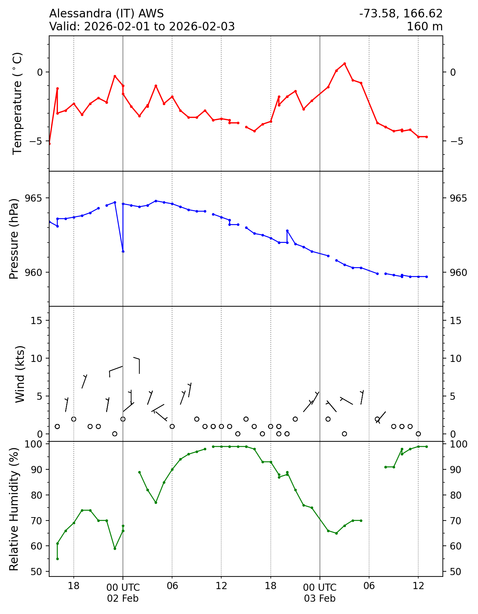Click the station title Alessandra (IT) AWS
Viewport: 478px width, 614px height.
coord(107,14)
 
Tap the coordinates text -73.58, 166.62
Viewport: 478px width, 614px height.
coord(401,14)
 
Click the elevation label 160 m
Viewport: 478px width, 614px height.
coord(424,26)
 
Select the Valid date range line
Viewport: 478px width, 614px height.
coord(142,26)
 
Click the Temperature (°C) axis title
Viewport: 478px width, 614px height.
coord(17,103)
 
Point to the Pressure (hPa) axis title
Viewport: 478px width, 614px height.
coord(14,239)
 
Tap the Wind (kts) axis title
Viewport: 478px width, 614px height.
coord(20,374)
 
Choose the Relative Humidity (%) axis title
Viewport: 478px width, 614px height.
coord(14,509)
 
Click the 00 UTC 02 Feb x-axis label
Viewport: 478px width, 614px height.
coord(123,593)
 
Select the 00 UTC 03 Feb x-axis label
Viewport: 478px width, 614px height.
coord(320,593)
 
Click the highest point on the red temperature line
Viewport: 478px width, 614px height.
coord(345,63)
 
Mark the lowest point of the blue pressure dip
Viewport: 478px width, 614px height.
coord(123,251)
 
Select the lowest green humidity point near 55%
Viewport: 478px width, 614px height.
coord(57,559)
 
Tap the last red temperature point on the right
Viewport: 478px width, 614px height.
coord(426,137)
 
